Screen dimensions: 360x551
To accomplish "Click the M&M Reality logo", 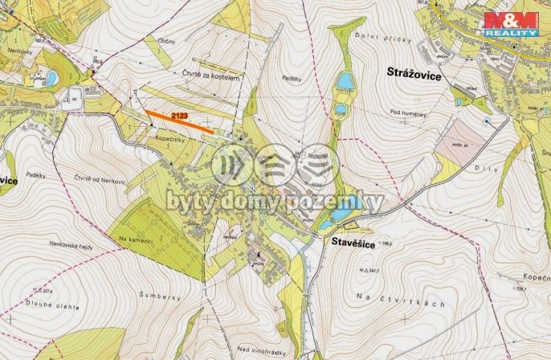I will click(510, 25).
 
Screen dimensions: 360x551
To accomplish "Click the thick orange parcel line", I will click(180, 122).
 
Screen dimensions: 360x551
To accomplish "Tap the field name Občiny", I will click(169, 39).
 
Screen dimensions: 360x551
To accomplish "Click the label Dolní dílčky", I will click(387, 39).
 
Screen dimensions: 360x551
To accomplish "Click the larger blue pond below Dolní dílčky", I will click(345, 80).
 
